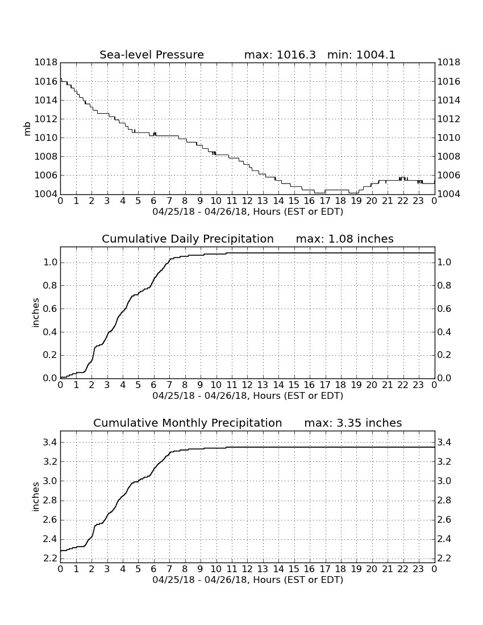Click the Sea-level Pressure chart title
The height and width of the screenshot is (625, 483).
(152, 55)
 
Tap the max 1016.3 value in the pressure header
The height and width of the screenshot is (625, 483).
(280, 55)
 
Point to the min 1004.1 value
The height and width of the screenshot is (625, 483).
(361, 55)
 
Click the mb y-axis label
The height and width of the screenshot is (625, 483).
(27, 129)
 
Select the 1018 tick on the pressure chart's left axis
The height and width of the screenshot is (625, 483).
(46, 62)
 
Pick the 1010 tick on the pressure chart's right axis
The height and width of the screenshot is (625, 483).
(449, 137)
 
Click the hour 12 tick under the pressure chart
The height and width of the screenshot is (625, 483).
(247, 201)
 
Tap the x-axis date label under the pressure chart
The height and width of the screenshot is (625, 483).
(248, 212)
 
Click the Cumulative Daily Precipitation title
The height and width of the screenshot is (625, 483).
(188, 239)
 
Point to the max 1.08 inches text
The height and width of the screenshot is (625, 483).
(345, 239)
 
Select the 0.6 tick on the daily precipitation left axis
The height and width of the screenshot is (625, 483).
(50, 309)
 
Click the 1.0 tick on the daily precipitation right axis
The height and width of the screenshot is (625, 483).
(444, 262)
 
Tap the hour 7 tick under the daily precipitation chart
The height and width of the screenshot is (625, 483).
(169, 385)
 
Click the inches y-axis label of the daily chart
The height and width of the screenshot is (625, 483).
(36, 313)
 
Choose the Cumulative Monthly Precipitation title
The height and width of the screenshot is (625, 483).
(188, 423)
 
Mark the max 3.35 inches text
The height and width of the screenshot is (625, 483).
(353, 423)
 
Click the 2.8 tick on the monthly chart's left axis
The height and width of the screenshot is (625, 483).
(50, 500)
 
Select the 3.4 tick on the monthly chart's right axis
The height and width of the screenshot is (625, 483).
(444, 442)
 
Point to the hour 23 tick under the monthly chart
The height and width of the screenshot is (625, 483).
(418, 569)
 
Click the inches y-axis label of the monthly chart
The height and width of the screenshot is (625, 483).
(36, 497)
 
